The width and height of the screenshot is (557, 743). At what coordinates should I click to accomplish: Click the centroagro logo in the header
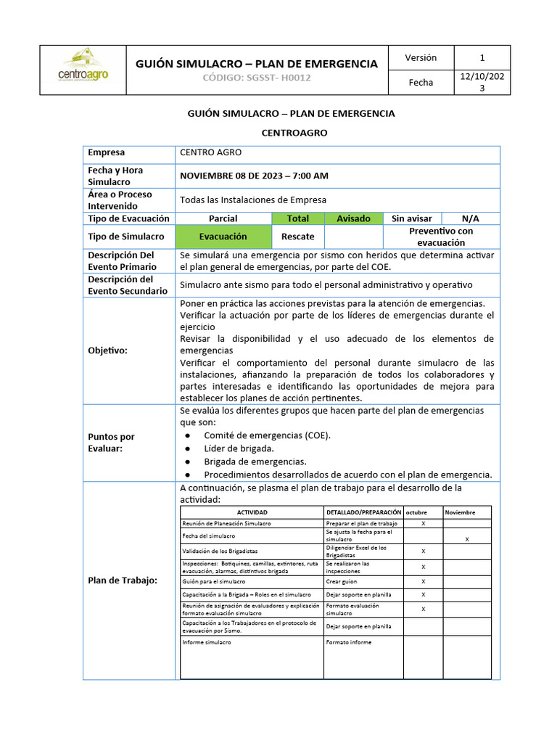tap(83, 66)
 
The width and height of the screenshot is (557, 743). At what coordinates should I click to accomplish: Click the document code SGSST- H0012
tap(257, 78)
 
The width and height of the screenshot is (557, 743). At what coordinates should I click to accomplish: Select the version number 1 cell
tap(482, 58)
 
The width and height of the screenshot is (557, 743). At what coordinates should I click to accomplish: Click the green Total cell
tap(297, 218)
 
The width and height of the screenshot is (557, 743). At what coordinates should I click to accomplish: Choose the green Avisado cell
tap(353, 218)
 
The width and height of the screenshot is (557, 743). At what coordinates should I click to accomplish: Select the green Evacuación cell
tap(223, 237)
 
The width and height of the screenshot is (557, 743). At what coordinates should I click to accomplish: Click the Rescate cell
tap(297, 237)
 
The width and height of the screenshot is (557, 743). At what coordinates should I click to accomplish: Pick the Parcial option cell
tap(223, 218)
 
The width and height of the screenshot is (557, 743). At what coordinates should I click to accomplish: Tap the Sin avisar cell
tap(411, 218)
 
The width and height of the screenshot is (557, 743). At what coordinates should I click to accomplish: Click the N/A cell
tap(470, 218)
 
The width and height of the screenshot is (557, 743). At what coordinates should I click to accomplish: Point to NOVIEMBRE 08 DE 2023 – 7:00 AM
tap(254, 176)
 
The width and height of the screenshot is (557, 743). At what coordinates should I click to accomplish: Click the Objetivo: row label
tap(107, 350)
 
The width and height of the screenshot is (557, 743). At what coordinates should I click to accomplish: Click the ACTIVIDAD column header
tap(252, 512)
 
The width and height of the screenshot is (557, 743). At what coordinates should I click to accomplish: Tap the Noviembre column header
tap(460, 512)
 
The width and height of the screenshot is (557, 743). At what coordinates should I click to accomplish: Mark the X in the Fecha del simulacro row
tap(466, 539)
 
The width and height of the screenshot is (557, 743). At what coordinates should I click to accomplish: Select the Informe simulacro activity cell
tap(207, 643)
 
